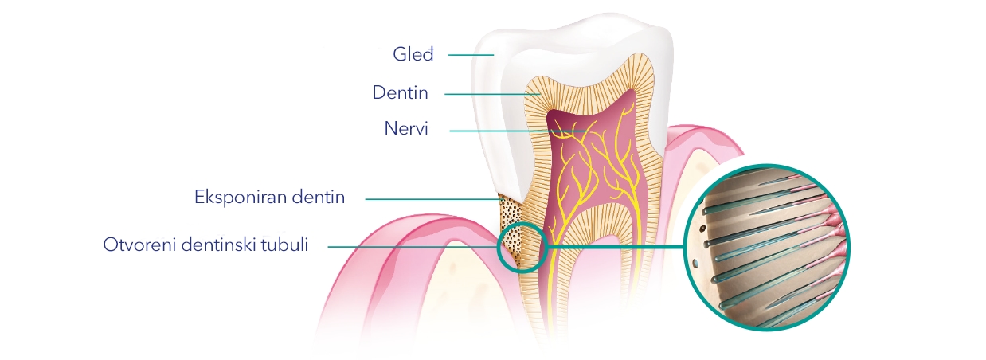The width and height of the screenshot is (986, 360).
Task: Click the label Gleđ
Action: tap(413, 55)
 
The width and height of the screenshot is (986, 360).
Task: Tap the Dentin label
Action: tap(400, 93)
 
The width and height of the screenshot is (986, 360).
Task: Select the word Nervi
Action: tap(406, 128)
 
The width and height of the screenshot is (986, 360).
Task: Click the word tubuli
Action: tap(285, 245)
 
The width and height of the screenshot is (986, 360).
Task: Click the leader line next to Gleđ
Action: tap(471, 55)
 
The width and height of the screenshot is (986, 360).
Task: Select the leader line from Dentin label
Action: tap(492, 94)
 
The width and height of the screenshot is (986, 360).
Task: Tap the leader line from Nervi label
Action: tap(518, 131)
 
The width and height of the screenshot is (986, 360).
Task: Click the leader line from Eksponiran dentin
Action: tap(434, 199)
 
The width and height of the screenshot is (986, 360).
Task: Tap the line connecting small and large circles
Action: tap(616, 248)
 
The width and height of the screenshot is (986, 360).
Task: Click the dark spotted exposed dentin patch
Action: tap(511, 231)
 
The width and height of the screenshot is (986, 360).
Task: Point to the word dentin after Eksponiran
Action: tap(319, 198)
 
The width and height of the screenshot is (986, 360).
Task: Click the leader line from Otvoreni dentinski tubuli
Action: tap(413, 247)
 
